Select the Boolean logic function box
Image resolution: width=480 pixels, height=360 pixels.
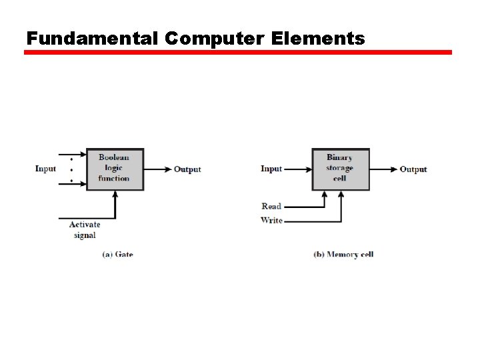coord(115,169)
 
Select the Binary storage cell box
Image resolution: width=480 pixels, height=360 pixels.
coord(340,169)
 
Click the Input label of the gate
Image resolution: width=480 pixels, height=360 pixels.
coord(45,169)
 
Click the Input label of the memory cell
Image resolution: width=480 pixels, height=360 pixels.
coord(271,169)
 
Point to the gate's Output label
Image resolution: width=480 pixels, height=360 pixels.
coord(187,169)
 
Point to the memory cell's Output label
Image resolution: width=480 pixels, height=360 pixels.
coord(413,169)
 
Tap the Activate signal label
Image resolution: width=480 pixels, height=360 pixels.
coord(85,230)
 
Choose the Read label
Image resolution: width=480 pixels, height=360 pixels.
coord(271,206)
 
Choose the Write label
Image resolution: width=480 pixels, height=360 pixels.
coord(271,220)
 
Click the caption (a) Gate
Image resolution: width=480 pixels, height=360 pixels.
coord(117,254)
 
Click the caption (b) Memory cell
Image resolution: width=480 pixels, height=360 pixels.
coord(343,254)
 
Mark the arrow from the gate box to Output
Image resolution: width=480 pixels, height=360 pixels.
coord(157,169)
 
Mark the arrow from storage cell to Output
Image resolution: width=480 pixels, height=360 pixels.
coord(383,169)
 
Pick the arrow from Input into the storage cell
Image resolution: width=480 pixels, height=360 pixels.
coord(297,169)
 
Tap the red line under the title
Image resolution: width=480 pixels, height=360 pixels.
coord(238,52)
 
